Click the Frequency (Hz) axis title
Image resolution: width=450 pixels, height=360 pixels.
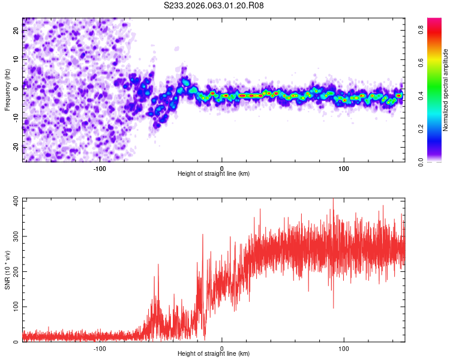click(7, 89)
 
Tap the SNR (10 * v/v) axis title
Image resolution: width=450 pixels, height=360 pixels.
click(7, 270)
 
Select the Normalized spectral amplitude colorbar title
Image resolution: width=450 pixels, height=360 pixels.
click(446, 90)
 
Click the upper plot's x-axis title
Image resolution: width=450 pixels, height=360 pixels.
click(214, 173)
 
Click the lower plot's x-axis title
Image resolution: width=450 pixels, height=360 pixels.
click(214, 354)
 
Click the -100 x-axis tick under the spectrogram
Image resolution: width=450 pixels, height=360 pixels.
click(100, 167)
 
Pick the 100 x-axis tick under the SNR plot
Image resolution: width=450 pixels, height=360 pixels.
click(344, 348)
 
